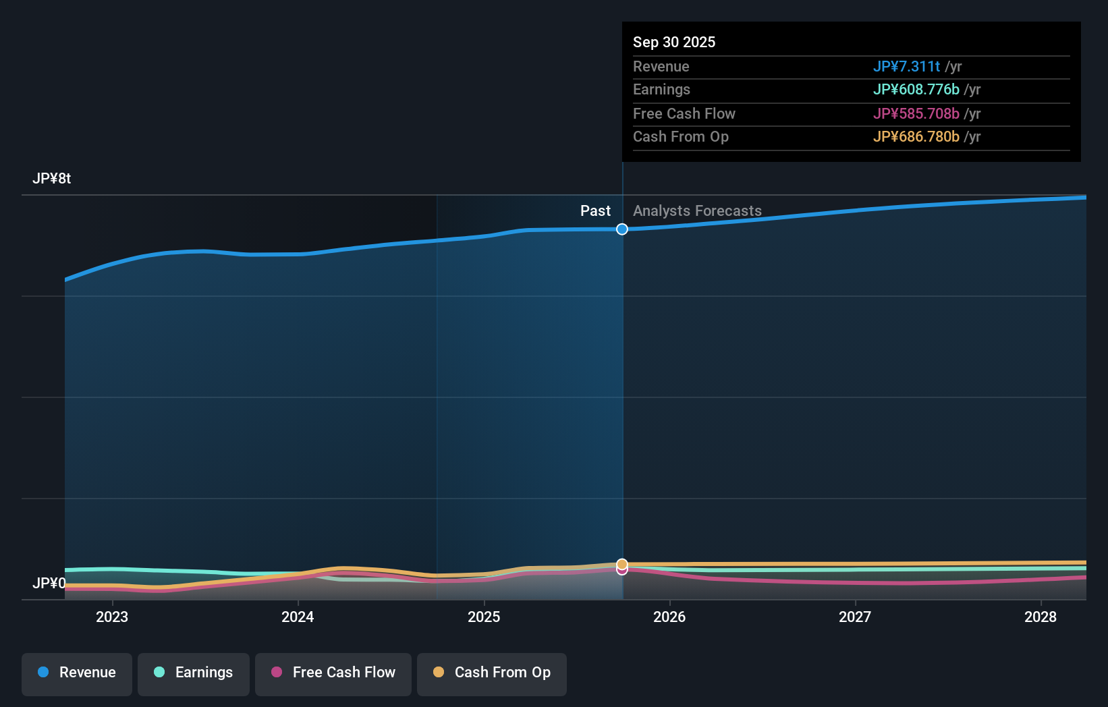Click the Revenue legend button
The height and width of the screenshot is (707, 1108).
[77, 673]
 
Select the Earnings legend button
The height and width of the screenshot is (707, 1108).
[194, 673]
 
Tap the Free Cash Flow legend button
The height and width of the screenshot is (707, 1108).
[333, 673]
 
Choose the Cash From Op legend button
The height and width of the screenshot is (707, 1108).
[492, 673]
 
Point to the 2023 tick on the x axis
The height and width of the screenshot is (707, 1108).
[112, 617]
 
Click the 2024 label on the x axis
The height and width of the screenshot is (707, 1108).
[298, 617]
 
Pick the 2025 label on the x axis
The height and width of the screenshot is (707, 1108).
[484, 617]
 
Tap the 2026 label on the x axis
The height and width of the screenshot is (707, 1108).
[669, 617]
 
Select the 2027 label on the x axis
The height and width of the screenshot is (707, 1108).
[855, 617]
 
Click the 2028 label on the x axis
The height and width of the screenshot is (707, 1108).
[1041, 617]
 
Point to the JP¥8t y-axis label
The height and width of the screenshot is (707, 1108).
[51, 179]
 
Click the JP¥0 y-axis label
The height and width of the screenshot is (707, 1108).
[49, 583]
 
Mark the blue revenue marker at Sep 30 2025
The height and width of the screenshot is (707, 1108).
[622, 229]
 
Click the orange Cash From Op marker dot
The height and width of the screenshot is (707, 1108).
[622, 564]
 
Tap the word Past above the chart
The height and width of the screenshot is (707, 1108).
[595, 211]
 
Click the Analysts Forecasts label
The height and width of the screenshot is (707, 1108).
[697, 211]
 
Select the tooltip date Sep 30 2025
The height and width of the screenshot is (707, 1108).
[673, 42]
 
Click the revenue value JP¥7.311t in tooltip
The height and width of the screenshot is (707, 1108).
[906, 67]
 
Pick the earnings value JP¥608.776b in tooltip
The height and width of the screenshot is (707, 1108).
[916, 90]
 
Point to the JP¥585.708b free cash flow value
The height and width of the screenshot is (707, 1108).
[916, 114]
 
